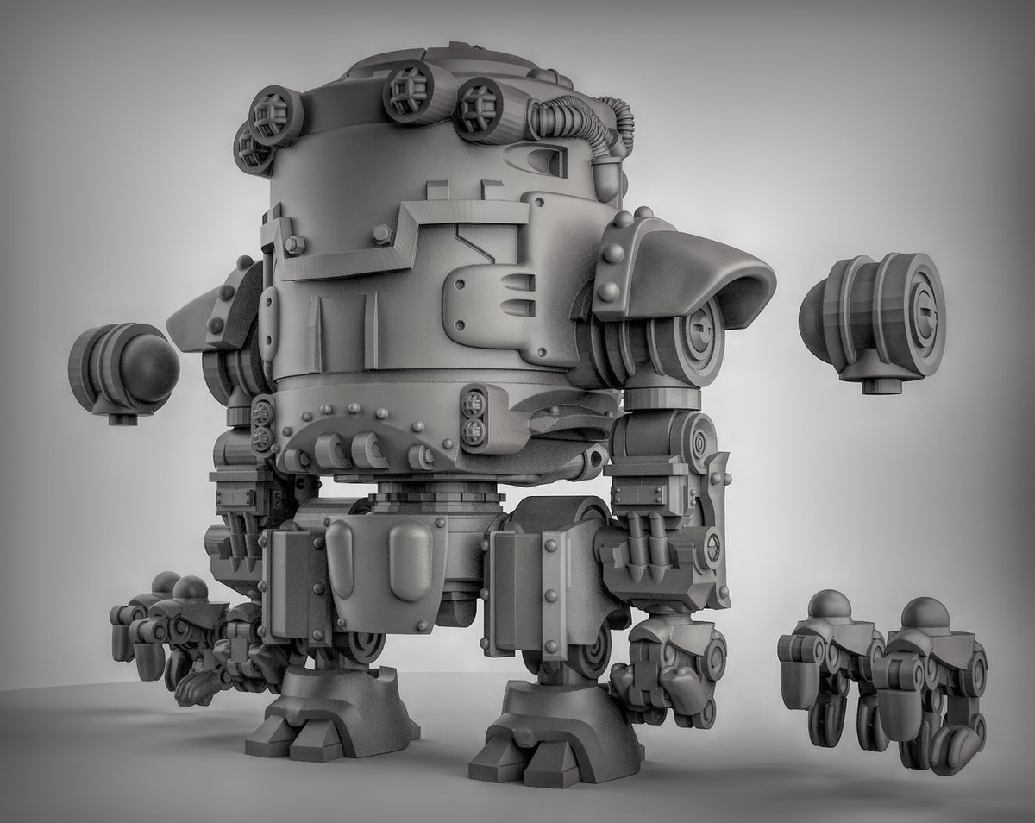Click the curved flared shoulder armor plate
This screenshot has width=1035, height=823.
pos(707,263)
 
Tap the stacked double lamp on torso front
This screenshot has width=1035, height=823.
pos(473,415)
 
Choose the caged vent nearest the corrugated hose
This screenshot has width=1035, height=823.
pos(480,109)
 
